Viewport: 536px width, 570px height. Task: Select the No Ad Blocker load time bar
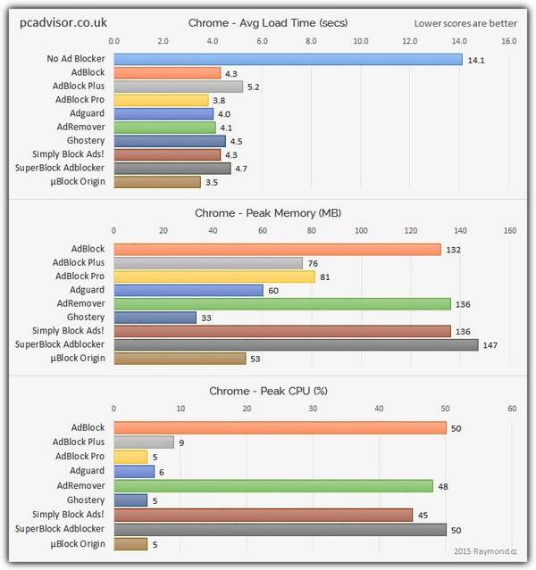(288, 60)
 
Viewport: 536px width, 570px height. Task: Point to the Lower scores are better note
(465, 22)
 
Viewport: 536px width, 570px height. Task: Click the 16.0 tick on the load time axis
(508, 41)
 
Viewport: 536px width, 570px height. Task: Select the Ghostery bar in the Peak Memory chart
(155, 317)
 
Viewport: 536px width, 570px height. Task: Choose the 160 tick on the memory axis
(509, 230)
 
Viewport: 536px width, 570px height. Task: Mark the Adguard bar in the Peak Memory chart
(188, 290)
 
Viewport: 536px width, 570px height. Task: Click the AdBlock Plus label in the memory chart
(79, 263)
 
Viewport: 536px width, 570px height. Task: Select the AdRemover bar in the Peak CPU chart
(273, 486)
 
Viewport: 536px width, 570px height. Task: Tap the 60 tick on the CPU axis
(512, 409)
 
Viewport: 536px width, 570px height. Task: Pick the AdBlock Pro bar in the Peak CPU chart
(130, 457)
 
